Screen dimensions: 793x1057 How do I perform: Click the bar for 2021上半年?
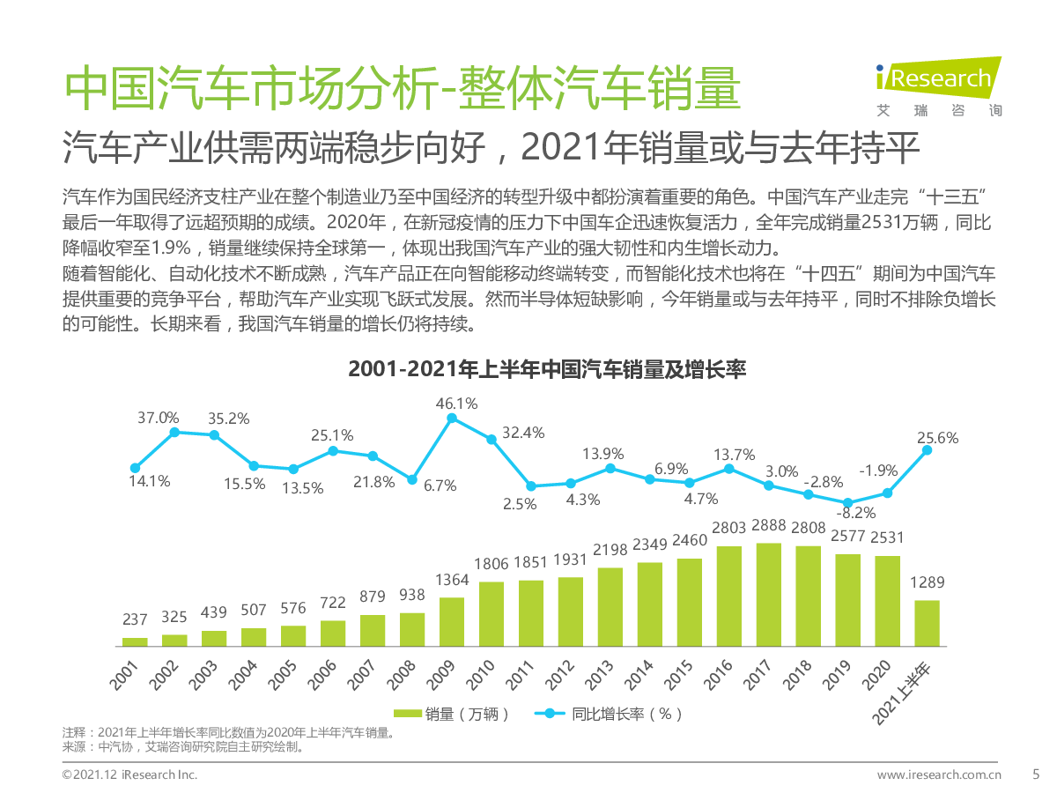point(927,623)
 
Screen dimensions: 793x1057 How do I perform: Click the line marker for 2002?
point(174,432)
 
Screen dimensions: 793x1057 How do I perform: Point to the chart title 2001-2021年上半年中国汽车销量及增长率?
point(547,369)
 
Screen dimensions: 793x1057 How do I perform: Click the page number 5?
point(1035,774)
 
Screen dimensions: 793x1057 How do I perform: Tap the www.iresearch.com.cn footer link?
point(939,774)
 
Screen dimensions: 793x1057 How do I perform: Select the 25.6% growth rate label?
point(937,438)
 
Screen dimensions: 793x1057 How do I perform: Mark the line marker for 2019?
point(847,502)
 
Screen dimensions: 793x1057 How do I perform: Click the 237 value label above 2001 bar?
point(135,620)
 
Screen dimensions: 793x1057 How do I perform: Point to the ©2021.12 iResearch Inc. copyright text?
point(129,774)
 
